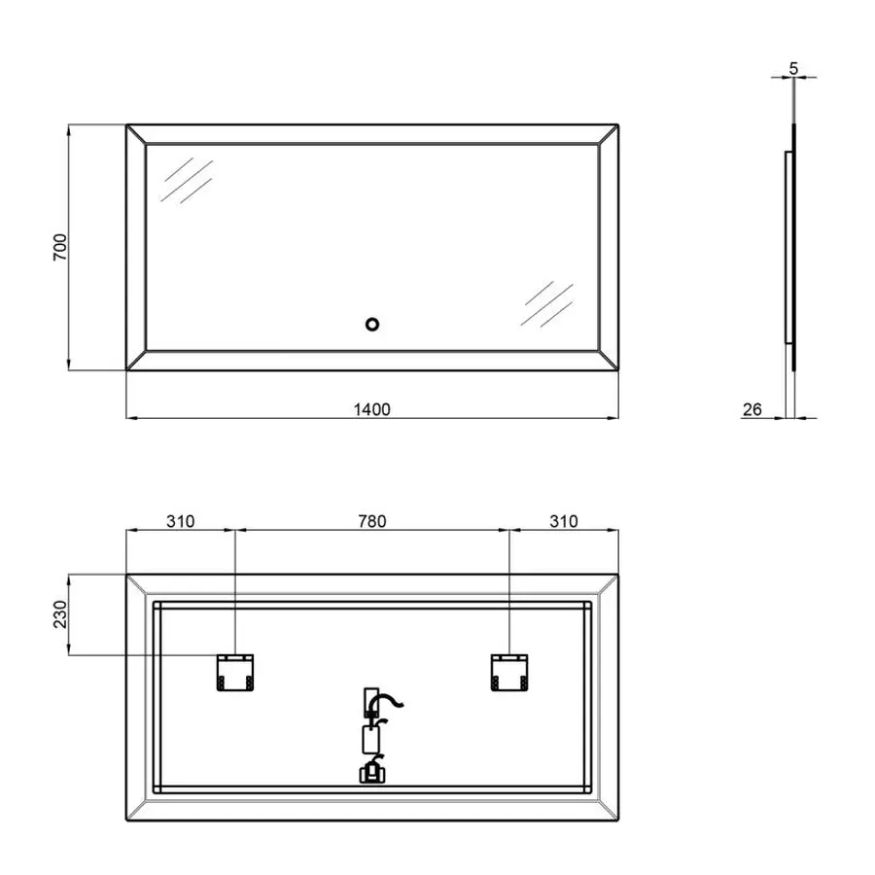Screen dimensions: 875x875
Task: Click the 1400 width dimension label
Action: click(371, 409)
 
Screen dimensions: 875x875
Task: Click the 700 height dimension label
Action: click(57, 247)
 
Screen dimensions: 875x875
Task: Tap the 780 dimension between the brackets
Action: click(371, 521)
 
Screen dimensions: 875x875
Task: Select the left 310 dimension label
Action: click(180, 521)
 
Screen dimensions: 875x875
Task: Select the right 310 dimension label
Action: click(562, 521)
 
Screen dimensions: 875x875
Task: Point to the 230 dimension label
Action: click(57, 614)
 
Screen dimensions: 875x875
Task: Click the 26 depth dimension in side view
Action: click(752, 409)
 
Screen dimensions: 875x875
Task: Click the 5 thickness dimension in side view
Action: click(794, 68)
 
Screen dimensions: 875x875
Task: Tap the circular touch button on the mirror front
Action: click(371, 324)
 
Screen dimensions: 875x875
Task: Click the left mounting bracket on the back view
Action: click(234, 672)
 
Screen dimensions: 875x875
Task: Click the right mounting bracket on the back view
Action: click(509, 672)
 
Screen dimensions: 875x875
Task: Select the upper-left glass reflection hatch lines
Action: click(187, 181)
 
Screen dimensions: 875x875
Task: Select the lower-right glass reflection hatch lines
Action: click(546, 303)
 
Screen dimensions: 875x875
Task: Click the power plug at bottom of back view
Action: click(370, 773)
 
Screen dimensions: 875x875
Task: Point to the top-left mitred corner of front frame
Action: click(136, 134)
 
